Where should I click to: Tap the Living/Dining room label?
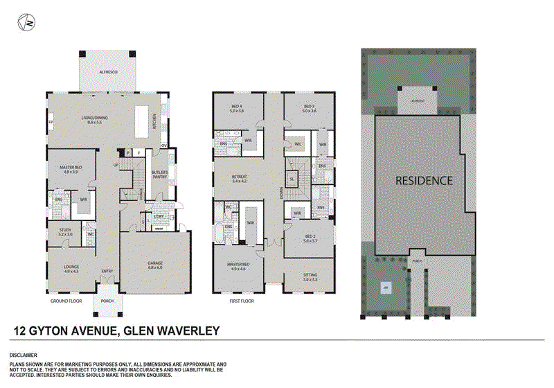pyautogui.click(x=90, y=120)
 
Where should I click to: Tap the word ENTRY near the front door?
pyautogui.click(x=107, y=271)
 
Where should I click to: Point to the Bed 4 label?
pyautogui.click(x=238, y=108)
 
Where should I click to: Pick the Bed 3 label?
pyautogui.click(x=309, y=108)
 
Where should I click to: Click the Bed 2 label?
pyautogui.click(x=310, y=238)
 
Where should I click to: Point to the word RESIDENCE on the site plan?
pyautogui.click(x=424, y=180)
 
